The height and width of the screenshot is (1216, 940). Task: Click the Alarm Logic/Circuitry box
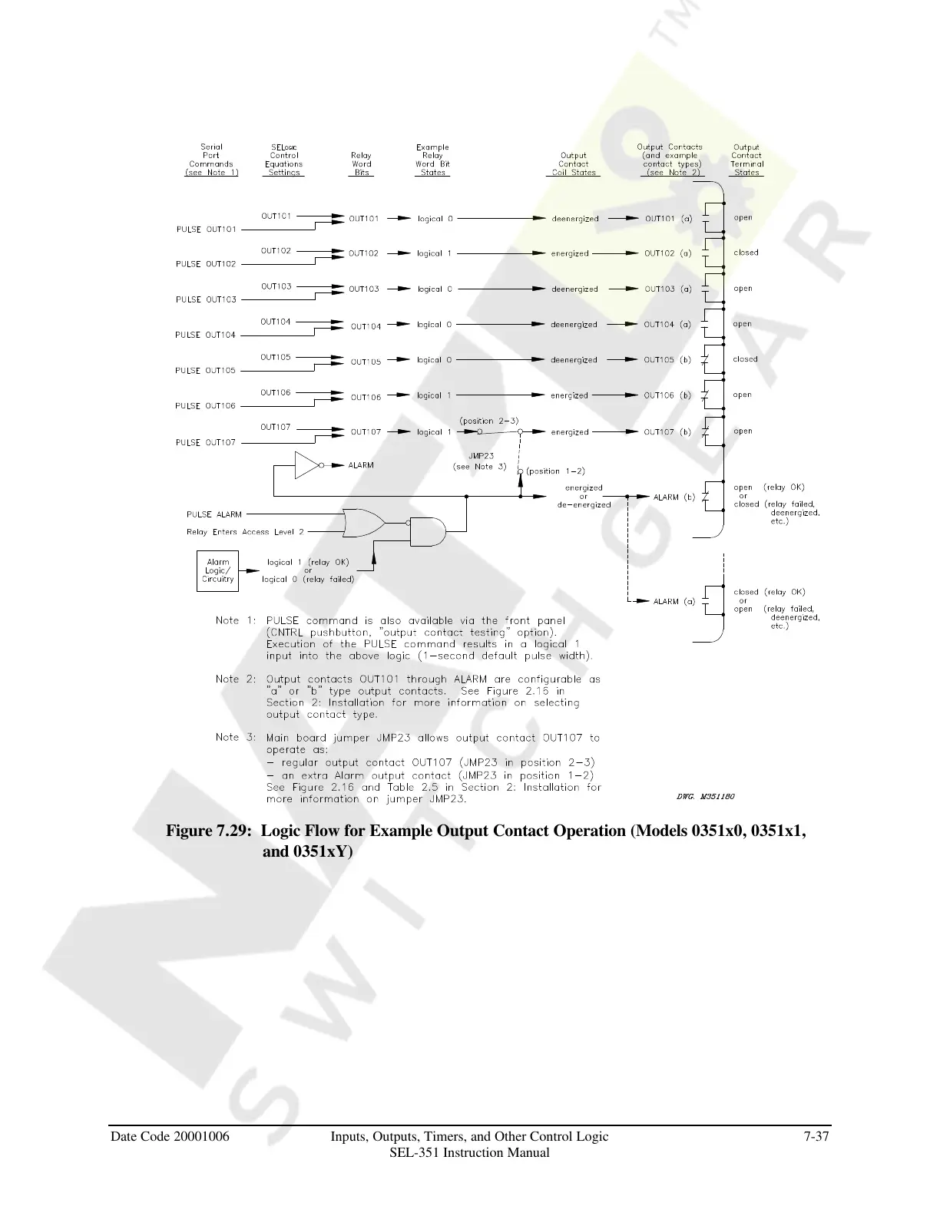(217, 571)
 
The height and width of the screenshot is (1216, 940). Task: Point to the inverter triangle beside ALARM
(307, 465)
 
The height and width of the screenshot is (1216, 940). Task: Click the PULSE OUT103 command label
(206, 299)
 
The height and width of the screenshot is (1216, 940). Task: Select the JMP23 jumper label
(482, 456)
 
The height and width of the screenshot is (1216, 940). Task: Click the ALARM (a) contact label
(674, 601)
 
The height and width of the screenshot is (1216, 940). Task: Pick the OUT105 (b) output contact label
(667, 360)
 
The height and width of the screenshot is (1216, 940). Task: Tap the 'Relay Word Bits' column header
(361, 164)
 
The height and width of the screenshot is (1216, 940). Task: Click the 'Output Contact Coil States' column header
(573, 164)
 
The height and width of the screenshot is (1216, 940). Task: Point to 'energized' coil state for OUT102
(570, 253)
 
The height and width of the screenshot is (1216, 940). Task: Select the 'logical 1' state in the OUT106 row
(434, 396)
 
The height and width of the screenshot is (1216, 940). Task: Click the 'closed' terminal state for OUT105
(745, 359)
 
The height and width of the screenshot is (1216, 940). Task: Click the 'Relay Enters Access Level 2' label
(245, 532)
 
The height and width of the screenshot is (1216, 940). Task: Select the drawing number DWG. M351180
(706, 796)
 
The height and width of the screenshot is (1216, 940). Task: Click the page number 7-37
(816, 1136)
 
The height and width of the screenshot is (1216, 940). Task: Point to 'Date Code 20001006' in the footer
(170, 1136)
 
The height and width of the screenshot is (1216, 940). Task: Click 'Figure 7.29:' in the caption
(209, 831)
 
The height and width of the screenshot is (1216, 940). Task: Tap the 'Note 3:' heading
(236, 737)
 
